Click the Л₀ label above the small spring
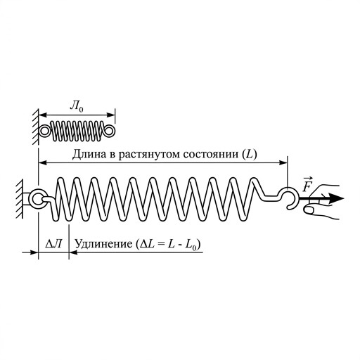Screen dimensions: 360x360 coord(77,106)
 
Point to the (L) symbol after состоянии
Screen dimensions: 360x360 coord(250,155)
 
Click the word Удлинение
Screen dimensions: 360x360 coord(103,244)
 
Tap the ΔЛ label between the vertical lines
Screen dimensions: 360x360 coord(53,244)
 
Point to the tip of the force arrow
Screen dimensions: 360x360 coord(344,198)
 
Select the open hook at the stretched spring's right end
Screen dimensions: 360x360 coord(290,197)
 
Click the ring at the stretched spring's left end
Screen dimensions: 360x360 coord(37,200)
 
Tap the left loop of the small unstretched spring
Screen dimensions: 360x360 coord(44,131)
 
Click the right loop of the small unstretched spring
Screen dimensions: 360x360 coord(109,131)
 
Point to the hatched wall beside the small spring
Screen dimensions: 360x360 coord(35,127)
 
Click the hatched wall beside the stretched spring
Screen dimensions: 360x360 coord(20,199)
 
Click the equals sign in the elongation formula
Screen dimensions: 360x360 coord(160,245)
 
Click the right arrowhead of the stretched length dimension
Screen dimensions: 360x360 coord(283,162)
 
